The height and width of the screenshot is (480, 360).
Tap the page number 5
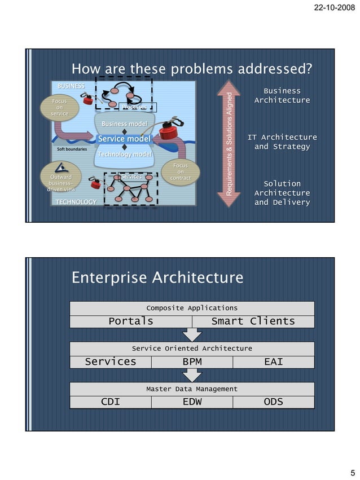click(x=352, y=473)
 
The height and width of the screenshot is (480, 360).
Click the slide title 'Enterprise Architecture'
click(x=157, y=278)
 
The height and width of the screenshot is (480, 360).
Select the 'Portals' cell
click(x=131, y=321)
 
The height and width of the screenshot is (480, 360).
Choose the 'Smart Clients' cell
click(x=253, y=321)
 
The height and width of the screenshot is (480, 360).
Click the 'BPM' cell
click(x=192, y=362)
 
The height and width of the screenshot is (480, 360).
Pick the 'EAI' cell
click(x=273, y=362)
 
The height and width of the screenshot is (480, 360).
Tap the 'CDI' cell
click(x=111, y=402)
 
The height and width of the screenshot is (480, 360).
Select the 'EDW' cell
click(x=192, y=402)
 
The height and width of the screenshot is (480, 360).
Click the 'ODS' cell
click(x=273, y=402)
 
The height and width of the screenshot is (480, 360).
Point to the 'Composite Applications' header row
click(x=192, y=308)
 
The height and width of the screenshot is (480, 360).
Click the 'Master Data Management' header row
click(x=192, y=389)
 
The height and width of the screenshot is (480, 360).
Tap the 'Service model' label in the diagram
click(x=124, y=139)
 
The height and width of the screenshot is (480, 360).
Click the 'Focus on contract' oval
click(x=181, y=171)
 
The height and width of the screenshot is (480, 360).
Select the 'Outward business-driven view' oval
click(x=60, y=183)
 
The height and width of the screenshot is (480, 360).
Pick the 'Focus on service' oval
click(x=59, y=107)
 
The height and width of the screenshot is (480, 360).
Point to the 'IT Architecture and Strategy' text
click(x=282, y=142)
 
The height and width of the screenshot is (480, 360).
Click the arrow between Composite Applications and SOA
click(x=192, y=334)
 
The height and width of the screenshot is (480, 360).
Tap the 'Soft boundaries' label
click(x=72, y=149)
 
